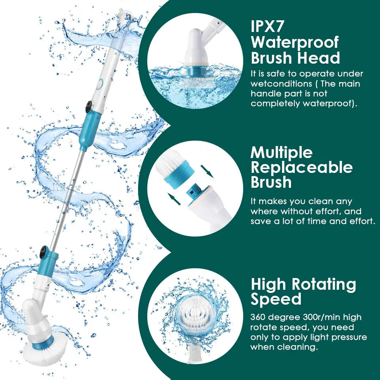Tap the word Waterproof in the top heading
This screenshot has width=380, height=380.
pyautogui.click(x=295, y=42)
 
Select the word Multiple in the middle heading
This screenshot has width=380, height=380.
pyautogui.click(x=281, y=152)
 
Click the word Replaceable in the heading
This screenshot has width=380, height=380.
pyautogui.click(x=302, y=167)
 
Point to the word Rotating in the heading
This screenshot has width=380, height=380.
pyautogui.click(x=324, y=284)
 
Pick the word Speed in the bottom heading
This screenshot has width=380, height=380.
pyautogui.click(x=276, y=299)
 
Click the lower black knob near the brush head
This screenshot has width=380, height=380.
pyautogui.click(x=43, y=252)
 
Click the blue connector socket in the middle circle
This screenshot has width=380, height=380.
pyautogui.click(x=193, y=192)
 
